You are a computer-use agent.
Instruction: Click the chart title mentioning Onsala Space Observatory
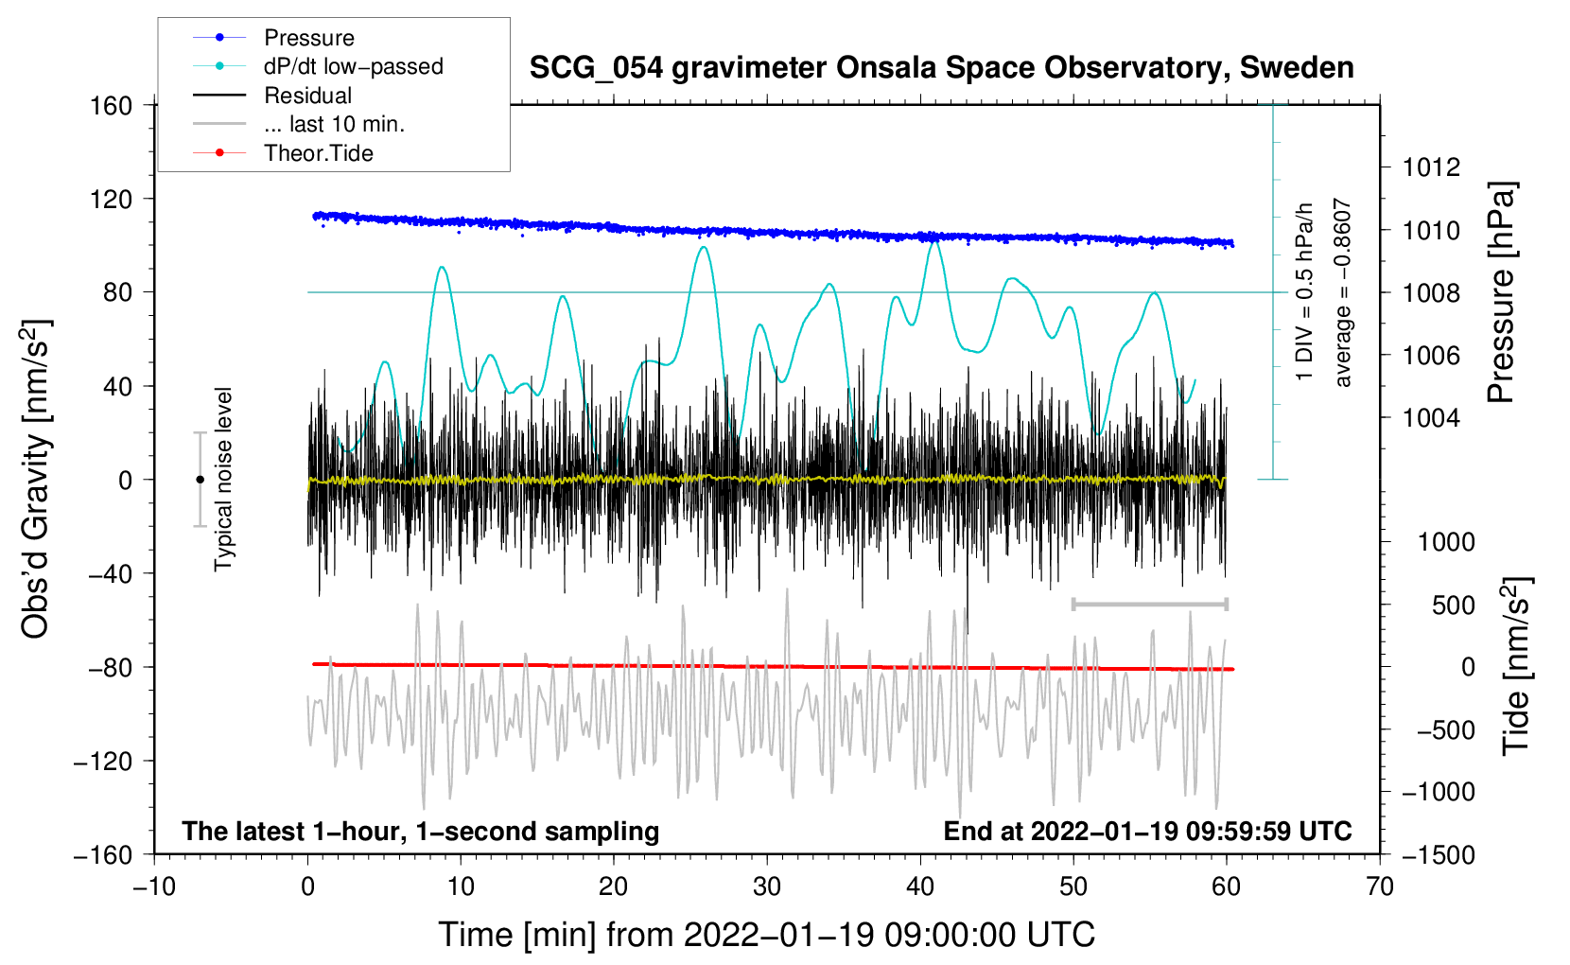click(x=941, y=68)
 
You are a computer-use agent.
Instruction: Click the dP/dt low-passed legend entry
click(x=353, y=66)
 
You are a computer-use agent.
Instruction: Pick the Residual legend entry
click(x=307, y=96)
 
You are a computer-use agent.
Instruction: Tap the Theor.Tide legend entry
click(x=318, y=153)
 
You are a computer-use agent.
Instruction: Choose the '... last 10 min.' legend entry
click(x=334, y=124)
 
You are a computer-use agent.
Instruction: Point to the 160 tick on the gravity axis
click(x=112, y=105)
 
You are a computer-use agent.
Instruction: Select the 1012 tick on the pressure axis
click(x=1431, y=167)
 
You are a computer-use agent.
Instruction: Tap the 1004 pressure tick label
click(x=1431, y=417)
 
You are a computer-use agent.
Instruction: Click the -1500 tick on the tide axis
click(x=1438, y=854)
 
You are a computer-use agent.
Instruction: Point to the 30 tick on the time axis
click(x=767, y=886)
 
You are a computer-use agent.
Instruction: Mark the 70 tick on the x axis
click(x=1380, y=886)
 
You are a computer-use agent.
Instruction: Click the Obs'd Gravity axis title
click(x=36, y=479)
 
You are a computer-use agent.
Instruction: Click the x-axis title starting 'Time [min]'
click(x=767, y=935)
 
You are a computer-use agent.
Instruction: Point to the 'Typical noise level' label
click(x=223, y=479)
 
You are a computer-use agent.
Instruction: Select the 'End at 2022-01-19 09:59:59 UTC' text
click(x=1147, y=831)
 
